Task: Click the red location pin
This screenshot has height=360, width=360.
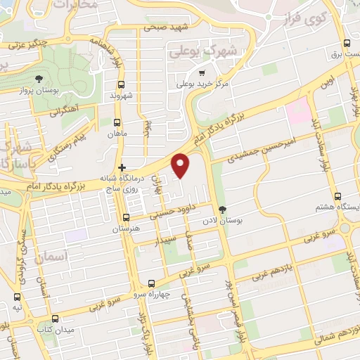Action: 181,165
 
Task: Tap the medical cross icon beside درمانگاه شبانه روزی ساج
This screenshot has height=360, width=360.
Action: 123,167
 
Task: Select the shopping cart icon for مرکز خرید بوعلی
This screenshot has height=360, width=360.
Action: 202,72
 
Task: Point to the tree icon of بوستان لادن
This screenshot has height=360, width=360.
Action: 223,209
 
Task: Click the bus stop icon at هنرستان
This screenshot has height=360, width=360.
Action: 126,217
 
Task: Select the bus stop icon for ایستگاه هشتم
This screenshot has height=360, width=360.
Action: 337,196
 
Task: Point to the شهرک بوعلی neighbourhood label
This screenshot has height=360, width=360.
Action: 193,51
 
